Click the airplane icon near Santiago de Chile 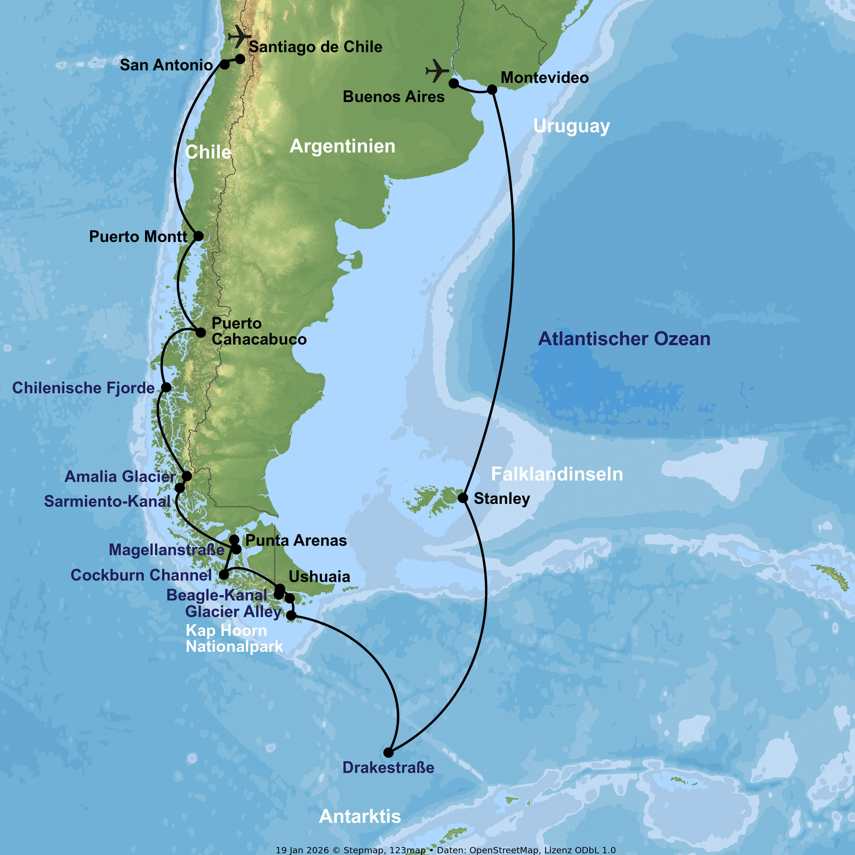pos(239,36)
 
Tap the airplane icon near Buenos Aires pos(437,70)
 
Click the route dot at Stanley pos(463,498)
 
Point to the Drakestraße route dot pos(388,752)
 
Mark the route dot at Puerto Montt pos(199,236)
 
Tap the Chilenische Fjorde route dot pos(166,387)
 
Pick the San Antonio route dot pos(225,65)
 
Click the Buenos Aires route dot pos(454,83)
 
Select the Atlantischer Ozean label pos(624,339)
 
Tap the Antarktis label pos(360,817)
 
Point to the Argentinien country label pos(342,146)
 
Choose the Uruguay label pos(571,126)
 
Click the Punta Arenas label pos(296,540)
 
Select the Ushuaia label pos(319,577)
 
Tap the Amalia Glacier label pos(120,477)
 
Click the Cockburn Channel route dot pos(224,575)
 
